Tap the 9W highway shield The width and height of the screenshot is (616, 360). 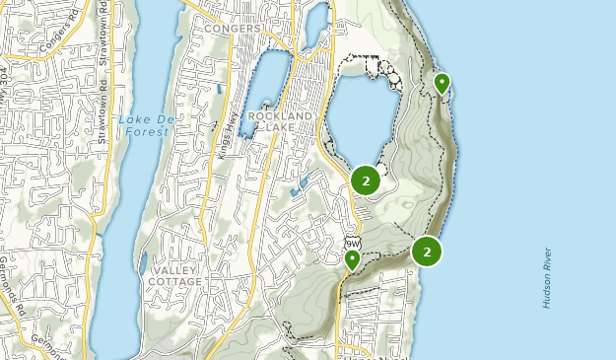(x=352, y=243)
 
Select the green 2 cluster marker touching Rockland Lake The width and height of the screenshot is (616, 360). (x=366, y=180)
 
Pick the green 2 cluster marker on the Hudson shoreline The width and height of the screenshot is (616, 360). (x=427, y=252)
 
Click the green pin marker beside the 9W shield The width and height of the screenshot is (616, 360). (x=352, y=260)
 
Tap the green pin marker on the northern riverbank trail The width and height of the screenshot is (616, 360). (x=442, y=84)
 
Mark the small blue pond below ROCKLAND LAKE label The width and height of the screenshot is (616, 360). (x=300, y=182)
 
